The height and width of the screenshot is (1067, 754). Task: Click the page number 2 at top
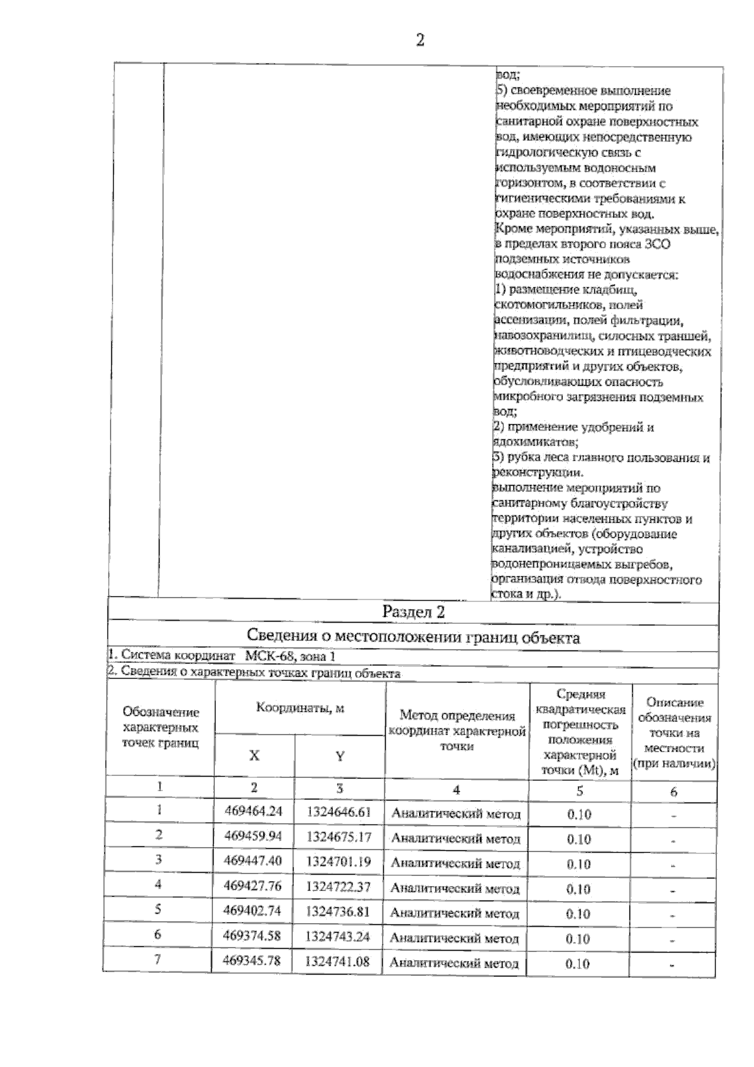(x=420, y=40)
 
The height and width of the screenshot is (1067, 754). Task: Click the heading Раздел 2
(x=413, y=611)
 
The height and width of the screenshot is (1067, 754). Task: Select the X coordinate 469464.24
(x=253, y=811)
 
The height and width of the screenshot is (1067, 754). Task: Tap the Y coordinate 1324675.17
(x=339, y=837)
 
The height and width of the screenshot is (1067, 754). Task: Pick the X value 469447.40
(x=253, y=861)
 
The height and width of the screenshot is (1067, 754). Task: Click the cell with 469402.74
(x=252, y=911)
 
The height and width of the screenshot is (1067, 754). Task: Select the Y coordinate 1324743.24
(x=337, y=936)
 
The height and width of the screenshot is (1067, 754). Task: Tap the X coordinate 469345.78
(x=251, y=961)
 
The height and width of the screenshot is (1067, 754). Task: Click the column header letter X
(x=254, y=755)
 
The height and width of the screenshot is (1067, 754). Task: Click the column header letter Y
(x=339, y=756)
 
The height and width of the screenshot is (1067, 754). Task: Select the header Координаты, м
(x=300, y=708)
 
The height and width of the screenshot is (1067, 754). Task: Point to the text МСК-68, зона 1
(x=290, y=656)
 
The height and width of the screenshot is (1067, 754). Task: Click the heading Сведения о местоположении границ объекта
(x=413, y=638)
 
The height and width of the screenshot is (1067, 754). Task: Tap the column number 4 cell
(x=456, y=790)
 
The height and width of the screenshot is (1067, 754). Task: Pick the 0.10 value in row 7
(x=578, y=963)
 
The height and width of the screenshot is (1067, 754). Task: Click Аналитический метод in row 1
(x=456, y=814)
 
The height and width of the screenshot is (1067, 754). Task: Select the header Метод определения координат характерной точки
(x=457, y=731)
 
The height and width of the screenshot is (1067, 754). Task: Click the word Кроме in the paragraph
(x=511, y=229)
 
